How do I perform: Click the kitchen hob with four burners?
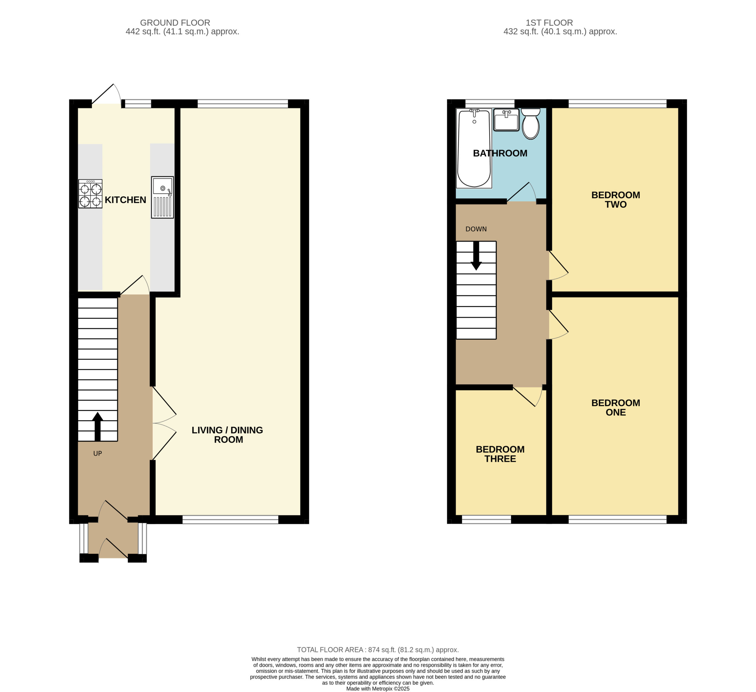(x=90, y=194)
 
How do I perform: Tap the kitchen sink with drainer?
(x=162, y=197)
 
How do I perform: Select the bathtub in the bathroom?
(x=474, y=148)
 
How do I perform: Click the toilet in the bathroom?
(x=531, y=124)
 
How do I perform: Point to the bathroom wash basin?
(x=506, y=120)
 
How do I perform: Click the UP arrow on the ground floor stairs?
(x=97, y=426)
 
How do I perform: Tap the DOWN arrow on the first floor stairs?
(x=476, y=256)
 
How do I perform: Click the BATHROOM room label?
(x=500, y=153)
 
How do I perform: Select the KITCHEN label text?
(x=125, y=200)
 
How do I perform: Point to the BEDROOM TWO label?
(x=616, y=200)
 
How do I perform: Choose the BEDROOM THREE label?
(x=500, y=454)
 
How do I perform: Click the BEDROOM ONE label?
(x=616, y=407)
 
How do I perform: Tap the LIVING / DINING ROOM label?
(x=228, y=435)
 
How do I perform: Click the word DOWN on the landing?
(x=476, y=229)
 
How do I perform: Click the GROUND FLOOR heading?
(x=175, y=23)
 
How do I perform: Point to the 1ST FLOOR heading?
(x=549, y=23)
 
